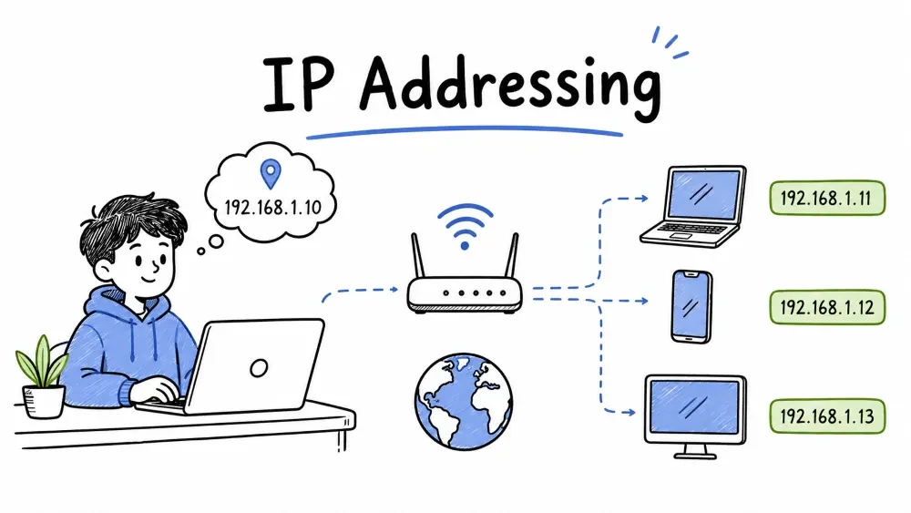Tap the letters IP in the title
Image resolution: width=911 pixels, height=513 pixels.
[299, 84]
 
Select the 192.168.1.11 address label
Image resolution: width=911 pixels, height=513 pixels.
[827, 198]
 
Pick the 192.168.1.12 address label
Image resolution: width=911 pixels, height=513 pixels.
[827, 307]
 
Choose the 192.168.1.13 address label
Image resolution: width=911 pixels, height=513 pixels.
[827, 416]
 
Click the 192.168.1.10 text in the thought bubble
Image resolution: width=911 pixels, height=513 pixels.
[272, 208]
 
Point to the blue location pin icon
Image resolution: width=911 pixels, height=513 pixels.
[271, 174]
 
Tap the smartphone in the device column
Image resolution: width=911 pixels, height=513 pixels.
[691, 306]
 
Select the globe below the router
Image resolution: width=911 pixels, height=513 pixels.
[464, 402]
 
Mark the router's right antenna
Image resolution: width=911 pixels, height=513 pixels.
[511, 256]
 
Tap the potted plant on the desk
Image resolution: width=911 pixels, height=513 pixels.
[43, 377]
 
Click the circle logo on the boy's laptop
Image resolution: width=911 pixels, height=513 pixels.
[259, 368]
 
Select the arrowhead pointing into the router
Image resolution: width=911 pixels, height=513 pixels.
[394, 289]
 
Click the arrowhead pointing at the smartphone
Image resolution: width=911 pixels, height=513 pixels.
[643, 301]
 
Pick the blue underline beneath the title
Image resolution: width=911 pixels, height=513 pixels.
[465, 132]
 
